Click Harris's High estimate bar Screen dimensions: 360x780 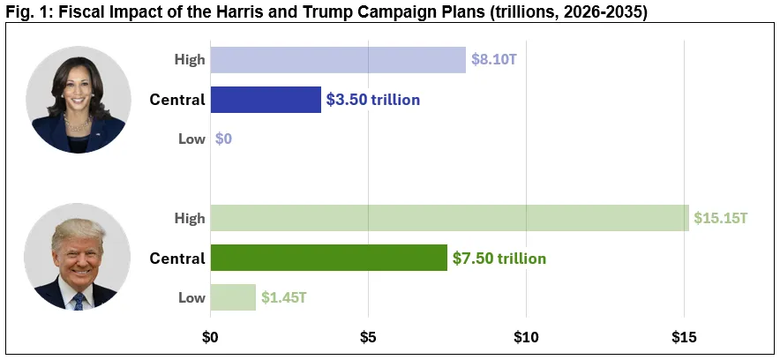[x=338, y=60]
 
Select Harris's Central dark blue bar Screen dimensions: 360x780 [x=266, y=100]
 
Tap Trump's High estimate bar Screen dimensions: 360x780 [x=449, y=218]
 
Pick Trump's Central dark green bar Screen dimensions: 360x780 [x=329, y=259]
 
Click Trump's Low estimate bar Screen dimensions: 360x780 [x=233, y=297]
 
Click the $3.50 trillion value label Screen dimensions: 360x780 [x=373, y=100]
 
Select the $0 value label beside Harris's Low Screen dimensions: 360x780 [x=223, y=139]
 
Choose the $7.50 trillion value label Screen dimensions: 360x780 [x=499, y=259]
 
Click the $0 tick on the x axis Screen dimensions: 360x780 [x=210, y=336]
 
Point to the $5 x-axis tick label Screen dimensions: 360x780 [x=368, y=336]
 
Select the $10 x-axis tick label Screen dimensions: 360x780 [x=526, y=336]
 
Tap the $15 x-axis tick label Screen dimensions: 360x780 [x=684, y=336]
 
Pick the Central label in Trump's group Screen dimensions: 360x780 [x=176, y=259]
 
